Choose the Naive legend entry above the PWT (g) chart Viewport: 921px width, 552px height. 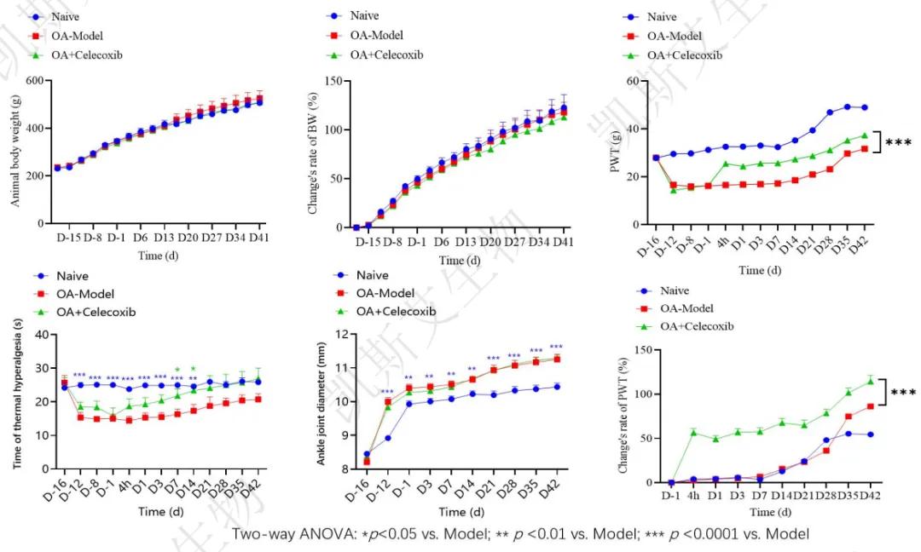662,17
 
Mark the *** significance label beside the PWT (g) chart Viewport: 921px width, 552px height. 900,142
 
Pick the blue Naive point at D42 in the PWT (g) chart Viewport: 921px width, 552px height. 864,107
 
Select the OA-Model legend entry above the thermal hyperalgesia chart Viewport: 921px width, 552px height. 88,294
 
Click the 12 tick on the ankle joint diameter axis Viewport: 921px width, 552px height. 345,334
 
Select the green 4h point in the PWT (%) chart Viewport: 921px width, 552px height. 693,433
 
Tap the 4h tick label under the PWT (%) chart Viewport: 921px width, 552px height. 693,493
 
